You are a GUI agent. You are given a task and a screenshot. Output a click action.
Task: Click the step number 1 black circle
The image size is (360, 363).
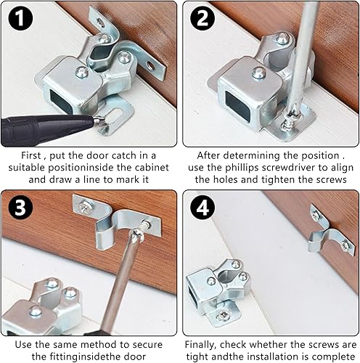20,18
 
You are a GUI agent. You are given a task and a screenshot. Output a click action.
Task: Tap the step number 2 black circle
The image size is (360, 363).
202,18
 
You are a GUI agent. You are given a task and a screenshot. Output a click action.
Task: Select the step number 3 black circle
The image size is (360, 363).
20,207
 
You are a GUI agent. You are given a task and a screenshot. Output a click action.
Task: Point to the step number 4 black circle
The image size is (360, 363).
202,207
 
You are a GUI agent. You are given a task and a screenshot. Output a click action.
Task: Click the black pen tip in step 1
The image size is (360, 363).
99,120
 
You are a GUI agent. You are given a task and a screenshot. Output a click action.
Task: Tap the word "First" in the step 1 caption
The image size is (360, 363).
31,155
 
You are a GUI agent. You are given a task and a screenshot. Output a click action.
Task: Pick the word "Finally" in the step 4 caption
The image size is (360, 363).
200,345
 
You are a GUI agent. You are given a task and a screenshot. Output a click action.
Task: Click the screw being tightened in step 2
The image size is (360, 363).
287,123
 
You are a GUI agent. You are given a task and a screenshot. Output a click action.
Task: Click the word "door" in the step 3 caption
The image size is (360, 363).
135,356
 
